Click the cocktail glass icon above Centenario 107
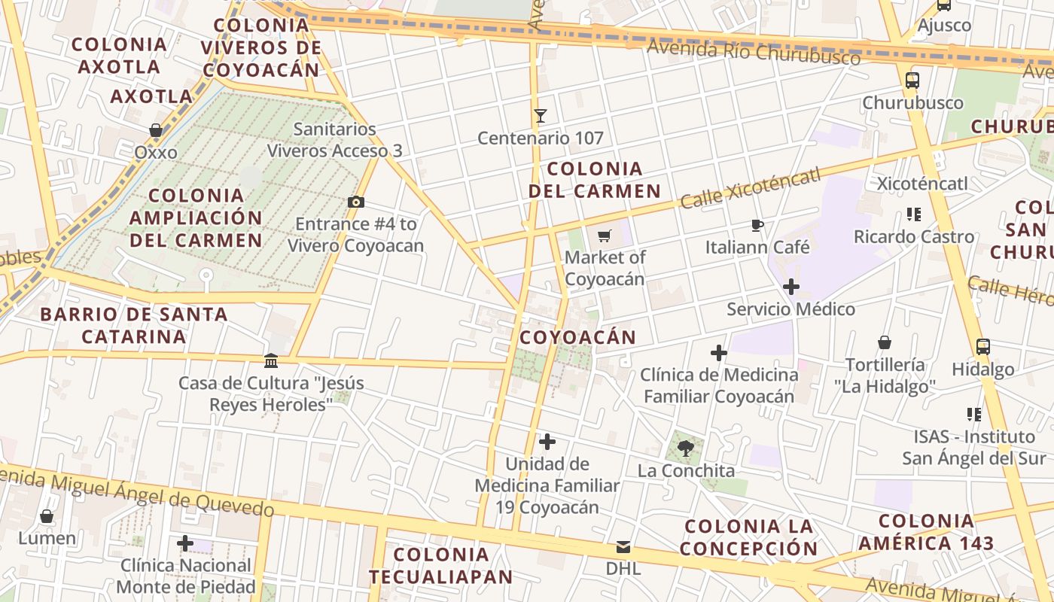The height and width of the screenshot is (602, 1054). [540, 116]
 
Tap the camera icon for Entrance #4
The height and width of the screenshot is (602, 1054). [356, 202]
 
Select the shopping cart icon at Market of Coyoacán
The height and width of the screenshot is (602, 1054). [604, 236]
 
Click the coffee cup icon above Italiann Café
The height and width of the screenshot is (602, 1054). [757, 225]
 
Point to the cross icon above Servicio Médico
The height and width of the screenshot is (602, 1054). [791, 287]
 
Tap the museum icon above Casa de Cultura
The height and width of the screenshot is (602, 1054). [271, 361]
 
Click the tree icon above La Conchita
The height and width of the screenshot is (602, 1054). [685, 449]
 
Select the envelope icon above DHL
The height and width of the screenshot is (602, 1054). [623, 547]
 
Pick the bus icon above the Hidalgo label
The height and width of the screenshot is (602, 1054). [982, 347]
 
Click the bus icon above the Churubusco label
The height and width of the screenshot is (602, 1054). [912, 81]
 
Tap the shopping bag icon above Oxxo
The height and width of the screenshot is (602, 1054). [156, 131]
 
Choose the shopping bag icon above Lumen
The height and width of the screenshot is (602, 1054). [47, 517]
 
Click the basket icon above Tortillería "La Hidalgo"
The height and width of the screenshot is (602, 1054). [885, 343]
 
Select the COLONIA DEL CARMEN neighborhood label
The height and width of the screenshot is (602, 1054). [595, 180]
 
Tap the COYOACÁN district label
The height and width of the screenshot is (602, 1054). [577, 337]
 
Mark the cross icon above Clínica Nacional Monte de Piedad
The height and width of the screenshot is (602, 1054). [185, 543]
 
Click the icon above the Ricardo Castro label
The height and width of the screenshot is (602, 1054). [914, 214]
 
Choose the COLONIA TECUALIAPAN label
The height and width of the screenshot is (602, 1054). [441, 566]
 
